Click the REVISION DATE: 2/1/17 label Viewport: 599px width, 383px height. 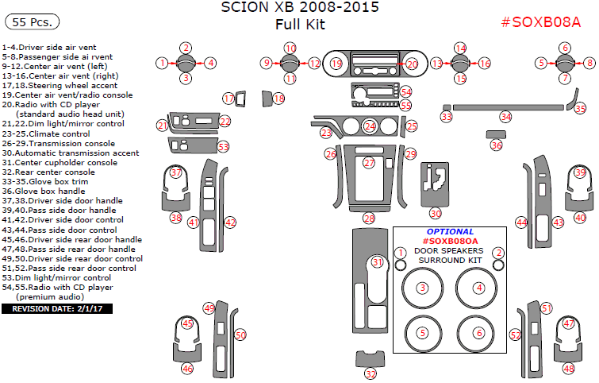click(x=56, y=308)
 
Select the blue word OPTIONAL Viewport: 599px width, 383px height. click(x=449, y=231)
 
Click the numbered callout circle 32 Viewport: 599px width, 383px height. click(x=371, y=374)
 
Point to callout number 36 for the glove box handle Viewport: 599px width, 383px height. click(x=497, y=145)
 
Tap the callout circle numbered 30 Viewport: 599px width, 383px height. click(x=436, y=213)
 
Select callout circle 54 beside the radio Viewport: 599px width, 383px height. click(x=406, y=92)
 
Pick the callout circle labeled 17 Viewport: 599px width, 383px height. click(x=228, y=99)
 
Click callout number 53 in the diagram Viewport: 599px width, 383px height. click(x=224, y=146)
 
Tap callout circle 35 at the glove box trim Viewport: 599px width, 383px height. click(x=581, y=109)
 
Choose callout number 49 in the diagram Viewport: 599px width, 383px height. click(x=209, y=308)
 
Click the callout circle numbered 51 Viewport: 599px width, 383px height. click(x=546, y=308)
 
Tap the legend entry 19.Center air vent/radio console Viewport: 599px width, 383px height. click(x=67, y=95)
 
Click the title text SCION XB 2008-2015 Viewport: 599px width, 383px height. click(x=300, y=8)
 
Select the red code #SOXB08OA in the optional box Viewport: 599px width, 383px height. click(x=450, y=241)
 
